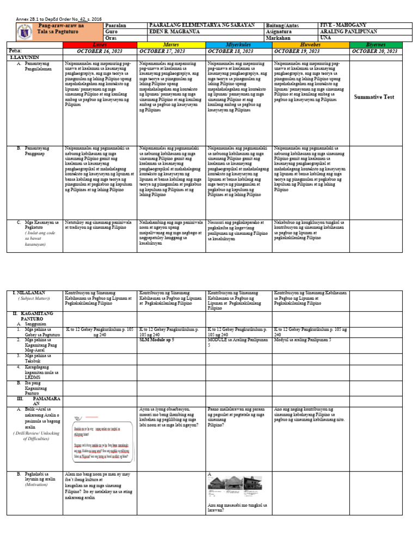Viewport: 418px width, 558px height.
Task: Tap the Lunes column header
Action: point(100,44)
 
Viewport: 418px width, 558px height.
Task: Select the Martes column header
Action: point(171,44)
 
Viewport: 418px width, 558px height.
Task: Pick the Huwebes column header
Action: point(310,44)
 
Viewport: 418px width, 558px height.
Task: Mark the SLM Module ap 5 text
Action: point(157,339)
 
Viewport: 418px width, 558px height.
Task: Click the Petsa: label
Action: point(16,50)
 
